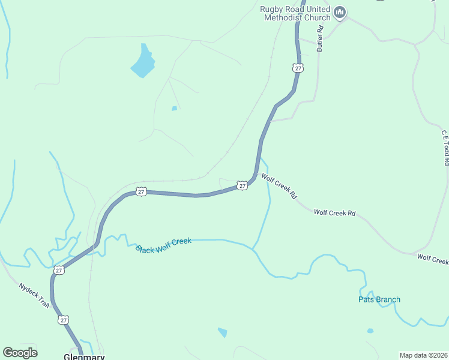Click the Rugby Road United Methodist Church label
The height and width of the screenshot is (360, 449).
pos(295,13)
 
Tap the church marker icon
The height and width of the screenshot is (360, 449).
pos(340,12)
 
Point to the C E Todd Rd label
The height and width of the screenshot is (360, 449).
pos(445,148)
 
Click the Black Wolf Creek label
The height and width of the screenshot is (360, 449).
pos(163,245)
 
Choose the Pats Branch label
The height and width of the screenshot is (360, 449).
pos(379,299)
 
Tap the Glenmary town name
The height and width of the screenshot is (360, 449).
pos(85,356)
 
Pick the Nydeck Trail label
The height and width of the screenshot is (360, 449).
pos(34,295)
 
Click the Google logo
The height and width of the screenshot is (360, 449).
pos(20,353)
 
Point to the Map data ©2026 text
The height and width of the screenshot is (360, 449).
pos(423,355)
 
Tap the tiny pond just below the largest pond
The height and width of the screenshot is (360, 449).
pos(174,109)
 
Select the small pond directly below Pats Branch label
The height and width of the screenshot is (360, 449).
pos(370,331)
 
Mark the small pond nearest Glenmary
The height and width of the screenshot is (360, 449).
pos(223,332)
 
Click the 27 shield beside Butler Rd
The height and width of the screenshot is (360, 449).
pos(298,68)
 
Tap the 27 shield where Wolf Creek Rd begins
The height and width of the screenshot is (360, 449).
pos(242,186)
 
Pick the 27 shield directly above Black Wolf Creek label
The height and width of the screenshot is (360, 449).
pos(141,191)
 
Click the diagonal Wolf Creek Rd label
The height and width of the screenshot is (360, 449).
pos(279,186)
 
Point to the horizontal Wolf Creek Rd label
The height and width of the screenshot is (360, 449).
pos(334,213)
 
